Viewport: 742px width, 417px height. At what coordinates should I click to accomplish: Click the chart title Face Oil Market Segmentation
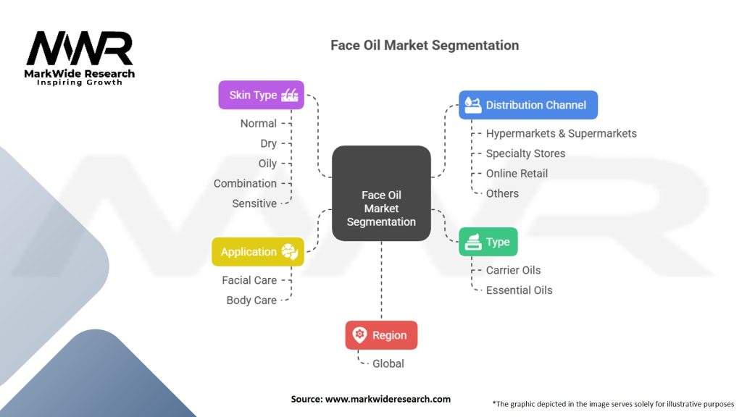pos(425,45)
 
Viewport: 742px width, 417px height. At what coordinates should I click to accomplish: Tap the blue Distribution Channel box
pos(528,105)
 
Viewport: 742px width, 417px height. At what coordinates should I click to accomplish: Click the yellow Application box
pos(257,252)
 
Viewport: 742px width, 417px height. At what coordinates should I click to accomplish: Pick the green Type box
pos(488,242)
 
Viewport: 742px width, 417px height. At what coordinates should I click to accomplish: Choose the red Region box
pos(381,335)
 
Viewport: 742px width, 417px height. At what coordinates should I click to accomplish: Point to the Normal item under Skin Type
pos(259,124)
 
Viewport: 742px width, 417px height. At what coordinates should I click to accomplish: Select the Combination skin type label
pos(245,184)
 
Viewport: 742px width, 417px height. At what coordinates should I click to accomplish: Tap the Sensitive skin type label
pos(254,203)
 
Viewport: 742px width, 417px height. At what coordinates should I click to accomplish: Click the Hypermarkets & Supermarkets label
pos(561,133)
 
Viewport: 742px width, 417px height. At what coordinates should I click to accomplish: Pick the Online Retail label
pos(517,174)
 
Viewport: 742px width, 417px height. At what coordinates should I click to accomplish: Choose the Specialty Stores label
pos(525,153)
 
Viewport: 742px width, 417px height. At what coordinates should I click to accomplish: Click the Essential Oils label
pos(519,290)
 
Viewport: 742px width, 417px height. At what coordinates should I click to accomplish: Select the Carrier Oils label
pos(513,270)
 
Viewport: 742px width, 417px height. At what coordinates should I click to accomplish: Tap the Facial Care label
pos(249,280)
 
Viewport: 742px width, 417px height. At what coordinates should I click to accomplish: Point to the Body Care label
pos(251,300)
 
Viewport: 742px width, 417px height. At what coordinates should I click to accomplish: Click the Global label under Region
pos(388,363)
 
